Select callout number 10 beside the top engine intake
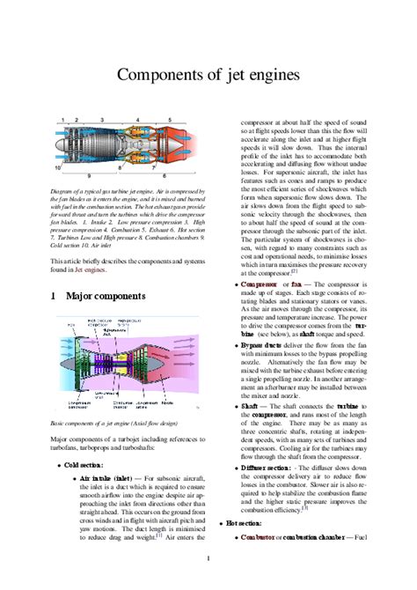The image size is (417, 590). coord(58,166)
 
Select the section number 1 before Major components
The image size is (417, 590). coord(54,299)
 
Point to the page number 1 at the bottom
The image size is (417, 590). coord(208,558)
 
